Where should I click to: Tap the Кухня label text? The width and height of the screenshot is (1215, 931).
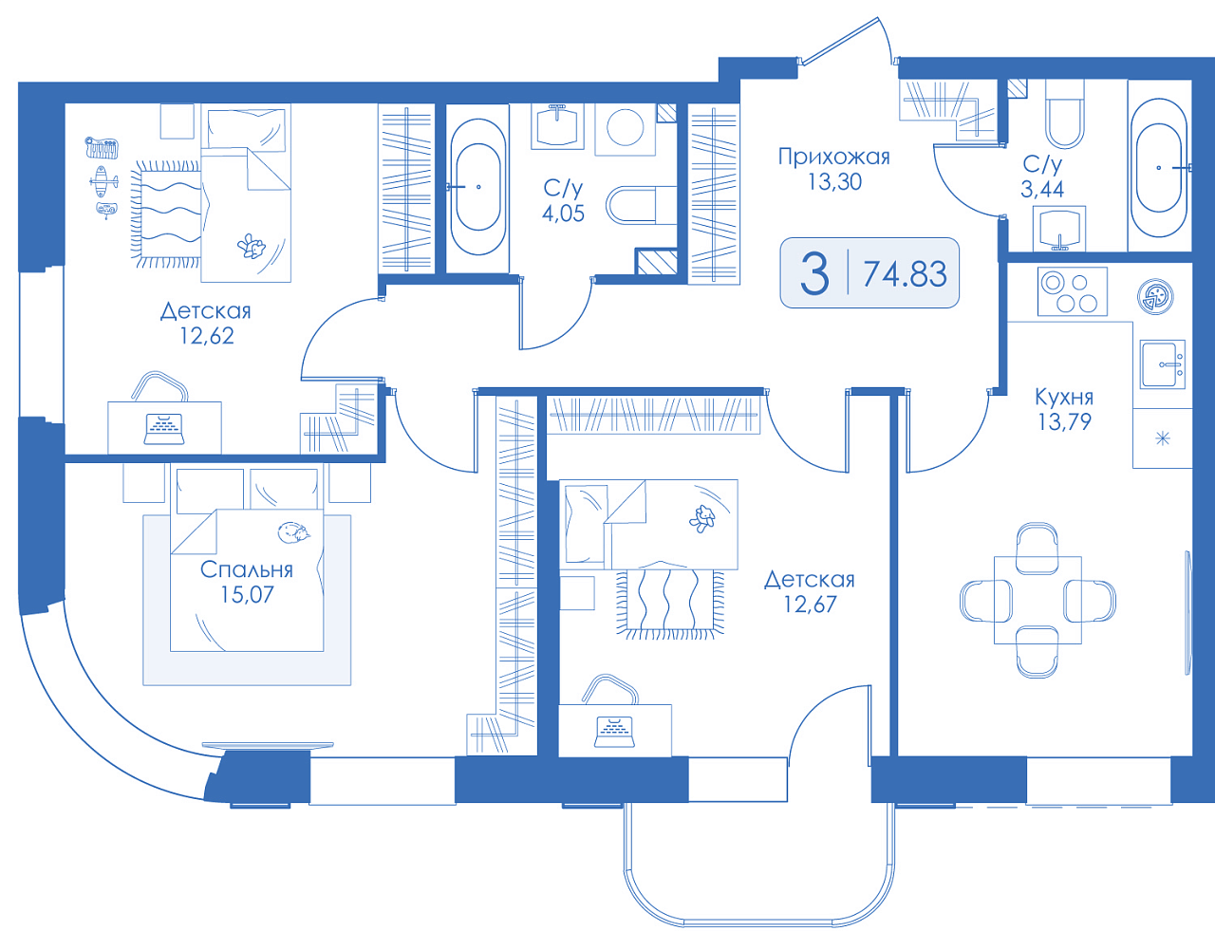pos(1063,397)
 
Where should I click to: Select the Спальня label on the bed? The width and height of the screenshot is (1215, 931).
pos(247,569)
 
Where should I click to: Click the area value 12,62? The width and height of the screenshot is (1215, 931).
pos(206,335)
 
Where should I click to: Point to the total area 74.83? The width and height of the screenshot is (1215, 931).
pos(905,274)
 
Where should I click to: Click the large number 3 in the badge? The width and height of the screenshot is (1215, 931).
pos(814,274)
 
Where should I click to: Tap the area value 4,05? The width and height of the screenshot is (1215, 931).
pos(563,213)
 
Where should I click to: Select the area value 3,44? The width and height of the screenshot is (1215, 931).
pos(1042,189)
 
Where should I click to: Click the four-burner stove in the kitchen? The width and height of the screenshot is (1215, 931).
pos(1073,291)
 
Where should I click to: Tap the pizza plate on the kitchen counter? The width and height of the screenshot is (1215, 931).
pos(1155,295)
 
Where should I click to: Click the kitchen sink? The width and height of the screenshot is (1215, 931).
pos(1163,364)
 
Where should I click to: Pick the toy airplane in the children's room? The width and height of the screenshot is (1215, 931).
pos(103,181)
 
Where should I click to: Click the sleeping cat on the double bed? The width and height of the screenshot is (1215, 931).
pos(294,532)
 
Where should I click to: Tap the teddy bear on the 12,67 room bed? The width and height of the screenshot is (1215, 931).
pos(701,518)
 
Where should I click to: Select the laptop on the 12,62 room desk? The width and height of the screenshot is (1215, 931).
pos(164,429)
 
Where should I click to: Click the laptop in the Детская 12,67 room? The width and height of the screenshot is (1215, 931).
pos(615,732)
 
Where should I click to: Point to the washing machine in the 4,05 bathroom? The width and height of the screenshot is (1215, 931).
pos(626,128)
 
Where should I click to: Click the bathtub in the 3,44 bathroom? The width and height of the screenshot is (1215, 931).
pos(1159,166)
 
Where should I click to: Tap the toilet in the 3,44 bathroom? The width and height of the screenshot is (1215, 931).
pos(1064,114)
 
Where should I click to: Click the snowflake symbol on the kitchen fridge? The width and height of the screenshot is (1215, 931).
pos(1163,438)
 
